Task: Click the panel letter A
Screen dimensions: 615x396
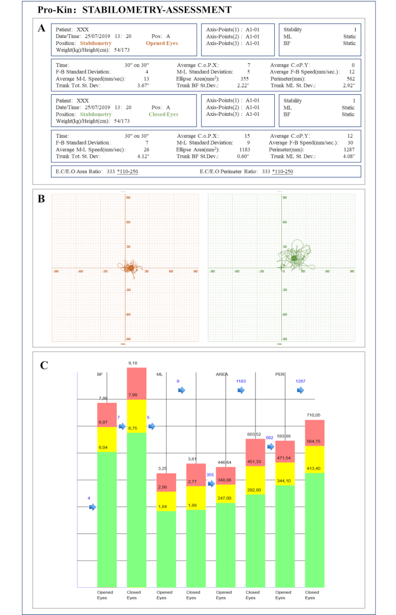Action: (42, 28)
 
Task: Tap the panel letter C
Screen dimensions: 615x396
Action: (45, 364)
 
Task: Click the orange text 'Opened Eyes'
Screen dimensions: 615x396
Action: (162, 44)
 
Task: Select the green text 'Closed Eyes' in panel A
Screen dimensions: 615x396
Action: (163, 114)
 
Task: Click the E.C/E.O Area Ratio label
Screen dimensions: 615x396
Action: (82, 171)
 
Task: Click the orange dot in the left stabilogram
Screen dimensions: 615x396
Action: (130, 268)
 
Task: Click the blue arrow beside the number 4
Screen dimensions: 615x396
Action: (92, 507)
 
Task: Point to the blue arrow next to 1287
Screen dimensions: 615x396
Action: (300, 390)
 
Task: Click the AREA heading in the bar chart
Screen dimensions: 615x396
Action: (222, 375)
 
